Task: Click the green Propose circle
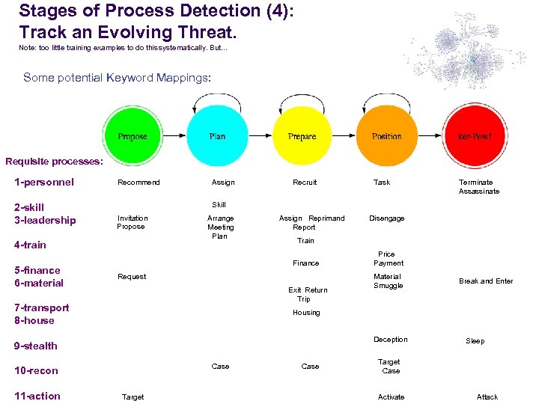[x=133, y=136]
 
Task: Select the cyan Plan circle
[x=217, y=136]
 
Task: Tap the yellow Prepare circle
[x=302, y=136]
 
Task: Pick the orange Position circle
[x=386, y=136]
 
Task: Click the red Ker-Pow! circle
[x=474, y=136]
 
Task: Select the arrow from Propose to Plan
[x=174, y=137]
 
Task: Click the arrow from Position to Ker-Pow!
[x=430, y=137]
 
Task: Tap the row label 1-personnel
[x=44, y=182]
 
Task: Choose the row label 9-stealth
[x=36, y=346]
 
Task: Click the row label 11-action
[x=37, y=396]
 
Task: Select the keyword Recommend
[x=138, y=183]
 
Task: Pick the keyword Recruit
[x=305, y=183]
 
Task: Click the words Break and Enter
[x=486, y=281]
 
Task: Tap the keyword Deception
[x=391, y=340]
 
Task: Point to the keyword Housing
[x=306, y=313]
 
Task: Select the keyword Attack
[x=487, y=397]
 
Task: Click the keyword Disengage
[x=387, y=218]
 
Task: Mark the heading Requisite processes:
[x=54, y=161]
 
